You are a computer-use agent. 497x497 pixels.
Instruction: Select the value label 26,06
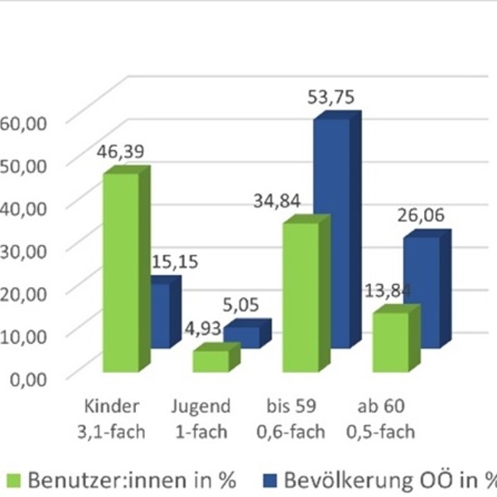point(422,216)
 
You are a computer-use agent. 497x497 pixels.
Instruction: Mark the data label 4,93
point(202,330)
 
